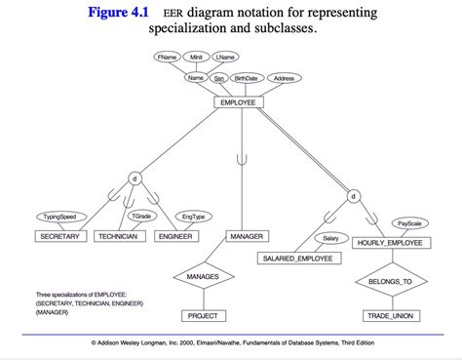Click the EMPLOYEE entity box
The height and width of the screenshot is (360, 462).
click(239, 102)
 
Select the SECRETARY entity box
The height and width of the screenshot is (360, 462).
click(60, 236)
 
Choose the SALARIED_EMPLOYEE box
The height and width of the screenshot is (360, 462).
click(297, 259)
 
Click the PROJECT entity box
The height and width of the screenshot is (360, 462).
click(203, 315)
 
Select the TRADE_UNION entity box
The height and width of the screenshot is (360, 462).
click(390, 315)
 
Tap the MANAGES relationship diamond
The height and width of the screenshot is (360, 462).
click(203, 277)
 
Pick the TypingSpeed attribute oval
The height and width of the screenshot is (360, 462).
click(60, 217)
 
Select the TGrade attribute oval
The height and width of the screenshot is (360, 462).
click(141, 216)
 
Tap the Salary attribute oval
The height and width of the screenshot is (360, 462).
click(330, 238)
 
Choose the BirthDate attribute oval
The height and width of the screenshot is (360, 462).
click(246, 78)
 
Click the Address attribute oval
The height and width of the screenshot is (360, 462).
click(284, 78)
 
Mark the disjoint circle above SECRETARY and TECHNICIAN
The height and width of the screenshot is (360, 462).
click(135, 179)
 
